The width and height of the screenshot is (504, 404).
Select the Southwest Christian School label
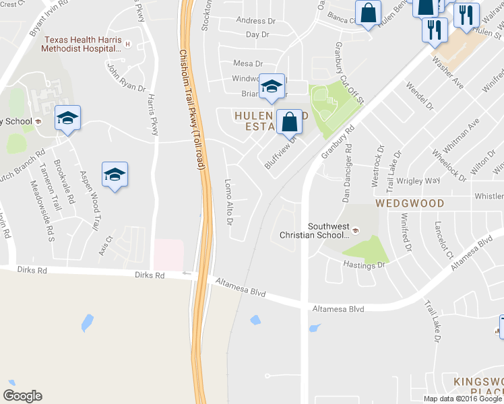(328, 231)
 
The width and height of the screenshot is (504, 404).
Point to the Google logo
(22, 396)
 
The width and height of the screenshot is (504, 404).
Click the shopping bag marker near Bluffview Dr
(289, 124)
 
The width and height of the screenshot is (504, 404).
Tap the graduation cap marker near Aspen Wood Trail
(115, 175)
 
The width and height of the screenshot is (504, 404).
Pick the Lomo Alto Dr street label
(228, 201)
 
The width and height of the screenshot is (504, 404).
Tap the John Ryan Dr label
(125, 77)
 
